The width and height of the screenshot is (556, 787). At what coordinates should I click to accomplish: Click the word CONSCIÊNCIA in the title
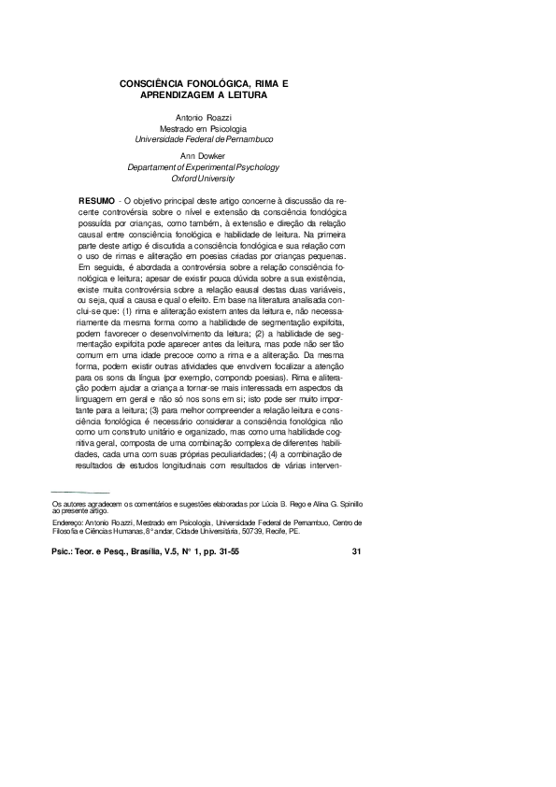click(160, 84)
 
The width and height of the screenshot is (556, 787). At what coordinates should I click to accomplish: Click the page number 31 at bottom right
click(356, 551)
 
